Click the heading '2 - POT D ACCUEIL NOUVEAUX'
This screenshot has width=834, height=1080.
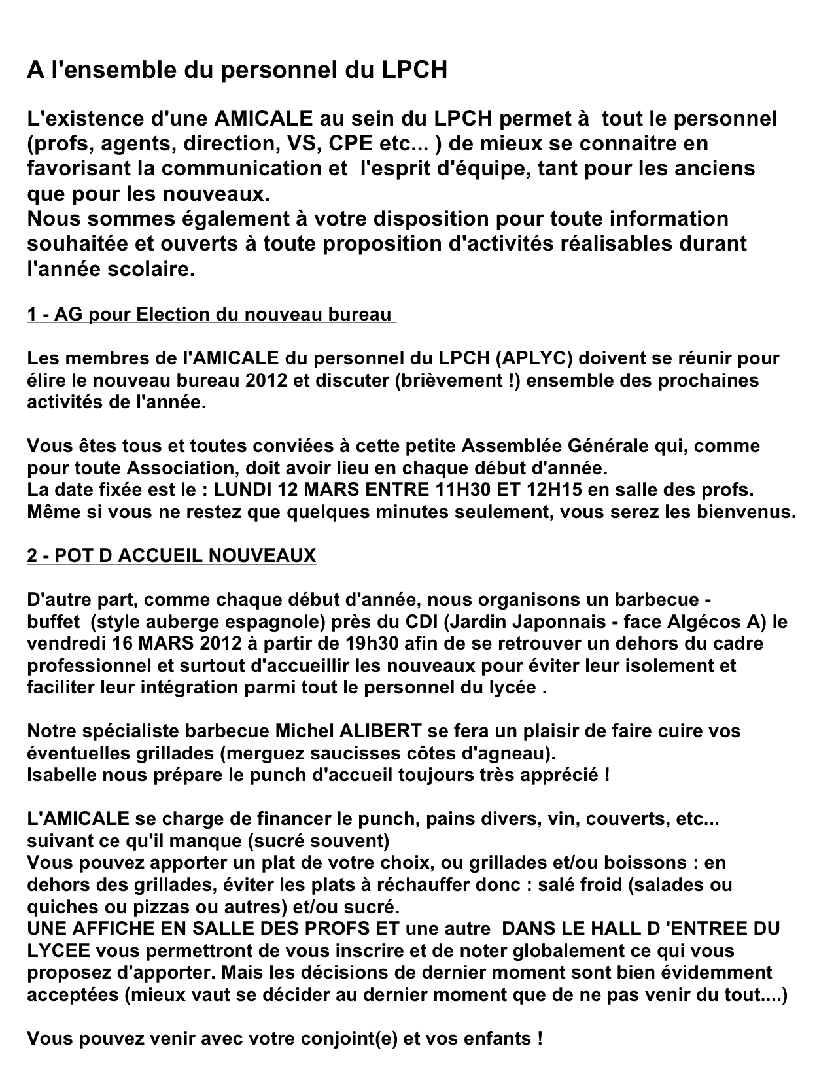[x=171, y=556]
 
